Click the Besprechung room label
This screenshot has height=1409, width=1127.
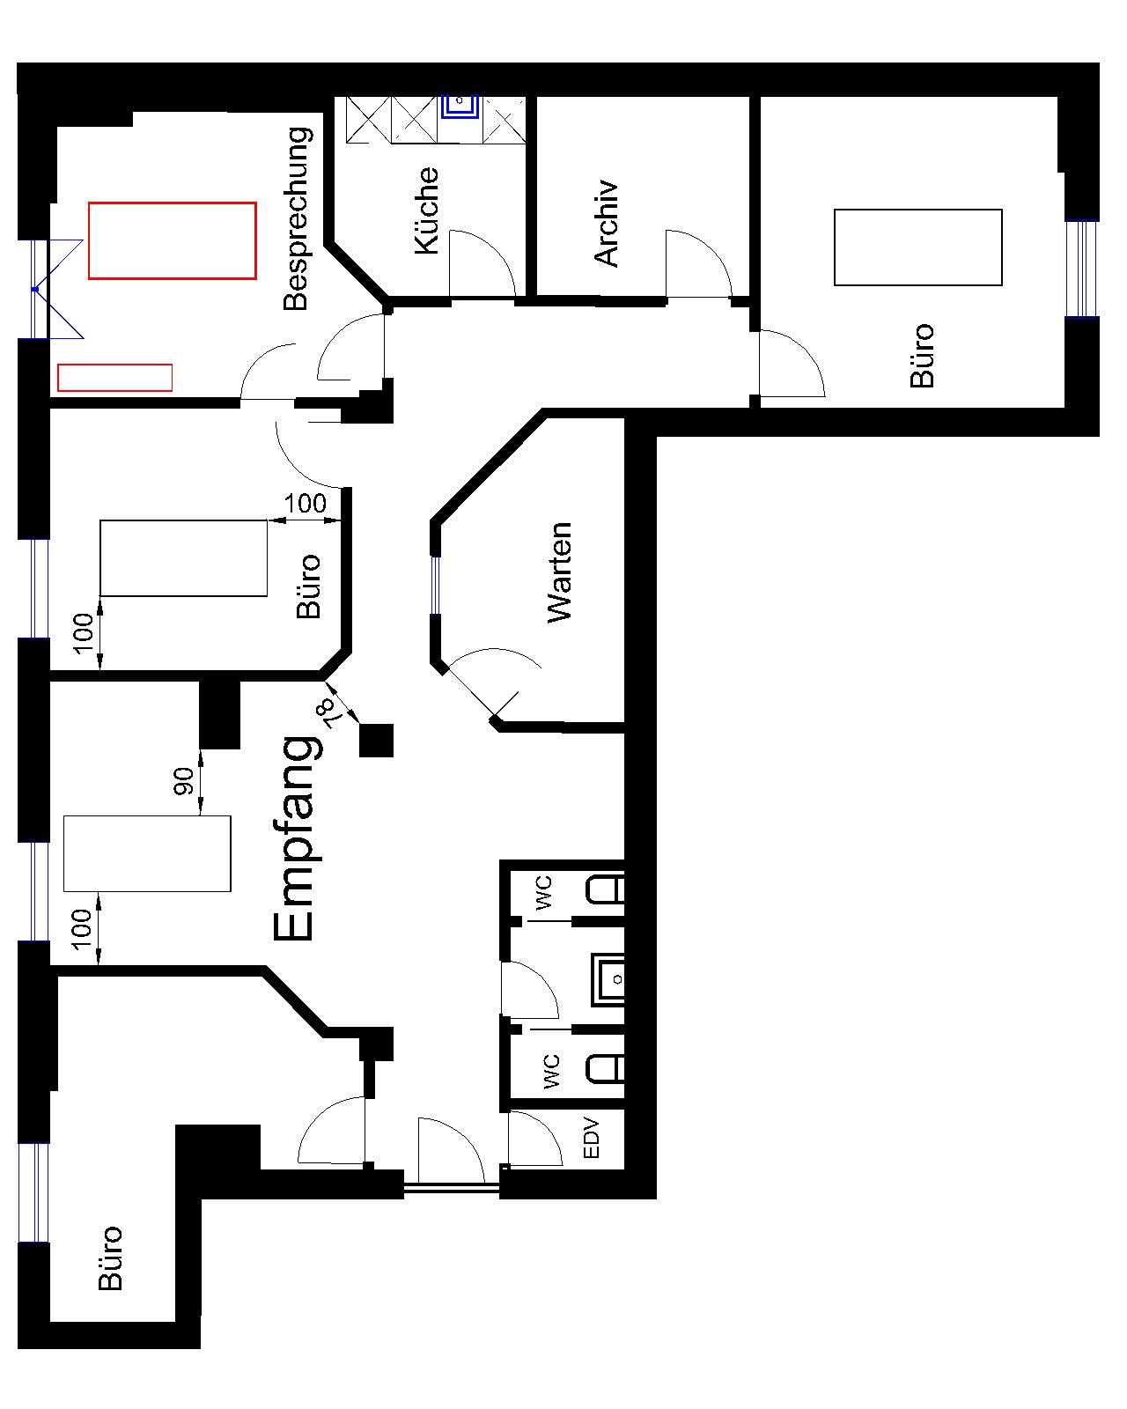298,218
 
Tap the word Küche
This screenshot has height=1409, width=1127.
426,210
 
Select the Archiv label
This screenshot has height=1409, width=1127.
606,223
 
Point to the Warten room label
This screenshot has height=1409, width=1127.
560,572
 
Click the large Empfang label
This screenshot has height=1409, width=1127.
297,838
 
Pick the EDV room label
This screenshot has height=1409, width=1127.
591,1137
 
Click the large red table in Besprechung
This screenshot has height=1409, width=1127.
173,240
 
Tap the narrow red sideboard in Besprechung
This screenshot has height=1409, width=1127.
114,378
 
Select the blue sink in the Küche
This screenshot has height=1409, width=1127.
460,107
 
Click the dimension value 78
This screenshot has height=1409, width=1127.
334,713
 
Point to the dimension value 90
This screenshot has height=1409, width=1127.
184,781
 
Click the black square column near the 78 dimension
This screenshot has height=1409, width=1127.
377,741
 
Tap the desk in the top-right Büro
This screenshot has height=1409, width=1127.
917,247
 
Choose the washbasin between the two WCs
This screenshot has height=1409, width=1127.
607,979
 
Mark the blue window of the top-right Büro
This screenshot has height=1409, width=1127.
1081,269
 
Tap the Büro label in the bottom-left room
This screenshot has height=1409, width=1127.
110,1258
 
